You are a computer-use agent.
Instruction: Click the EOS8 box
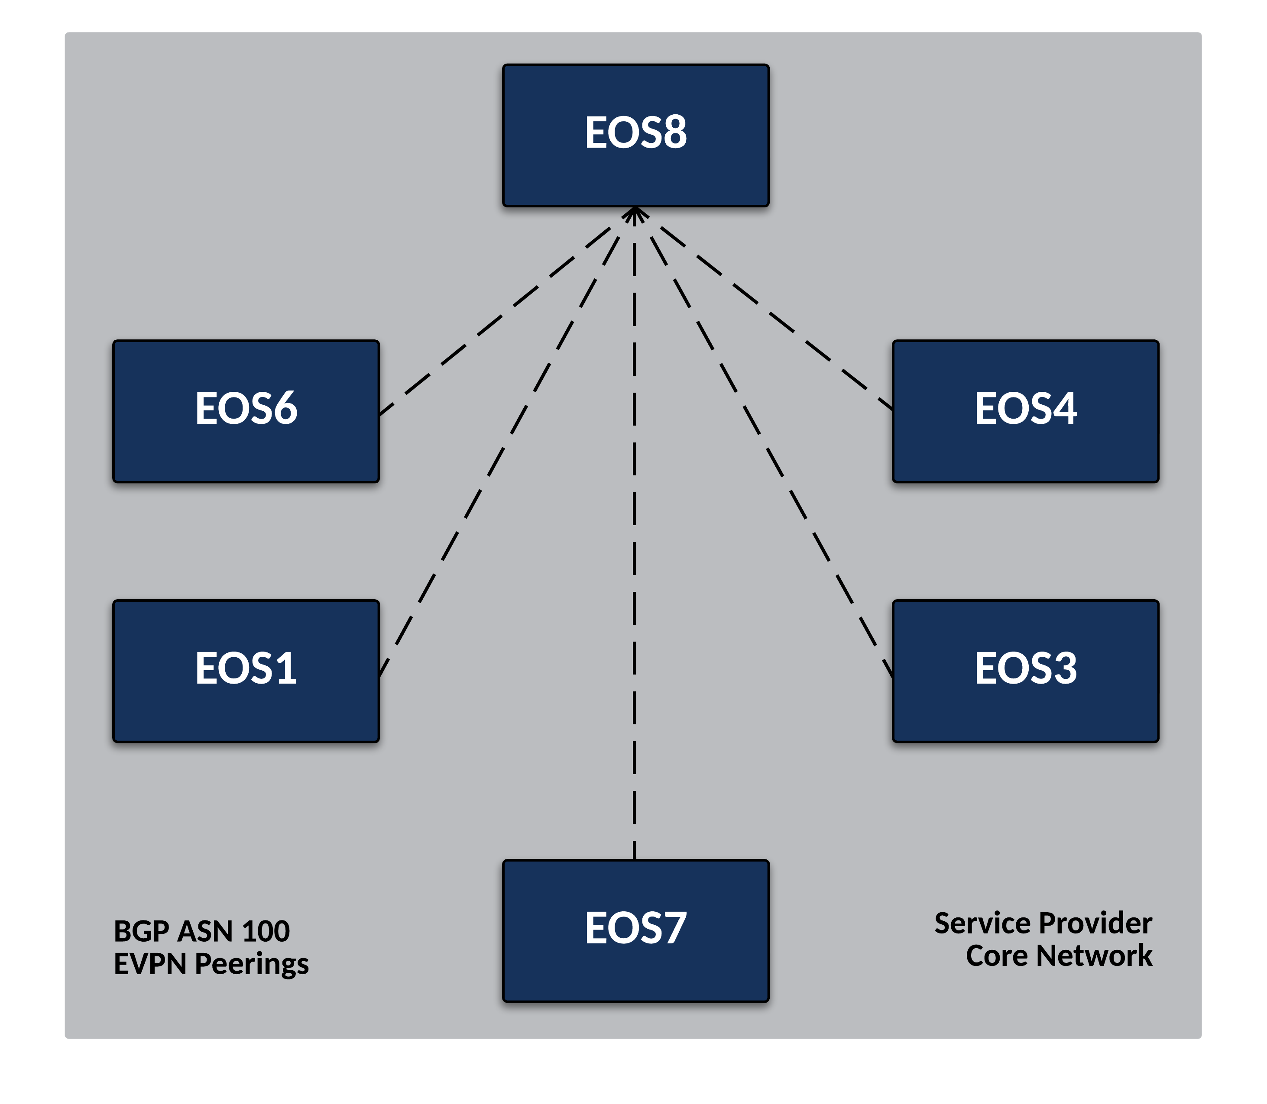point(635,135)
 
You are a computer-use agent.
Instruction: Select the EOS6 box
point(246,411)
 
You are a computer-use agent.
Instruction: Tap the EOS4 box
point(1025,411)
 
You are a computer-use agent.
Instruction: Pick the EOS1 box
point(246,671)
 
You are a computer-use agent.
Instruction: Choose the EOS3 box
point(1025,671)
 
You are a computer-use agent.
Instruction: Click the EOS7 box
point(635,930)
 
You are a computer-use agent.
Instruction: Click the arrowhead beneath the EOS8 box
point(635,214)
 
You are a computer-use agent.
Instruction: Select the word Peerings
point(251,964)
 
